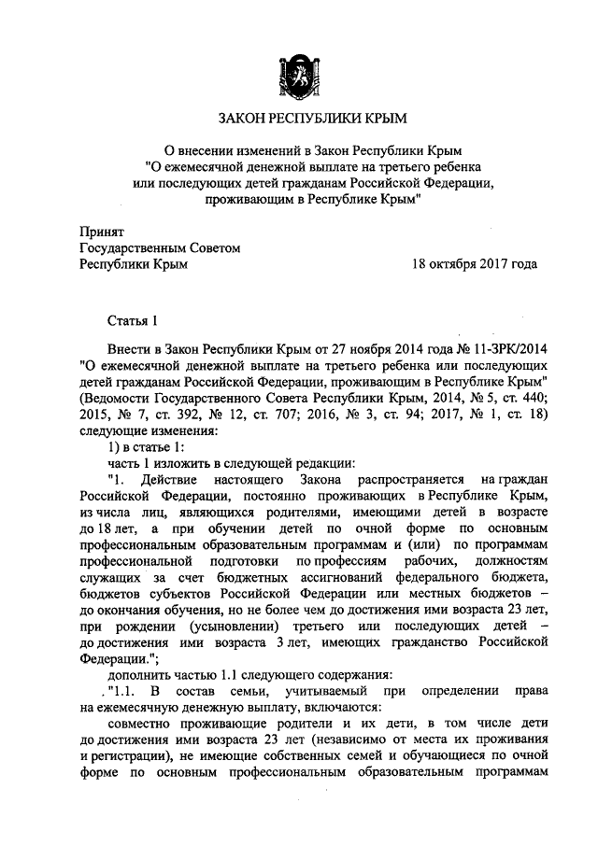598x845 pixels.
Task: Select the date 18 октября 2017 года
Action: click(475, 264)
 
